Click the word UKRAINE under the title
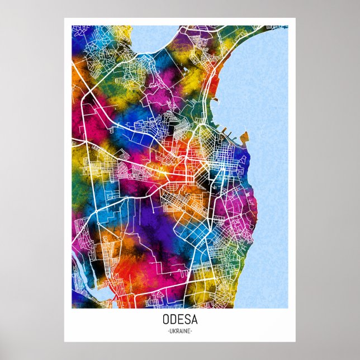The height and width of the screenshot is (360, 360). point(179,331)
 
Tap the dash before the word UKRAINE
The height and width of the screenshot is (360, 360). point(167,331)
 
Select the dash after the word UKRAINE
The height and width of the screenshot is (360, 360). point(192,331)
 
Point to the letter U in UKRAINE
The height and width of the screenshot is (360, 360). point(170,331)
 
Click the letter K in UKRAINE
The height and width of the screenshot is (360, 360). point(173,331)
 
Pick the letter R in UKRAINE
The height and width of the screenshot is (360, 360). point(177,331)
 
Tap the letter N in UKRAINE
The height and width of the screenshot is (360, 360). point(186,331)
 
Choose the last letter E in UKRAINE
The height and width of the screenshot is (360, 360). point(189,331)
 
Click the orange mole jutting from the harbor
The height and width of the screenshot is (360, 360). point(245,135)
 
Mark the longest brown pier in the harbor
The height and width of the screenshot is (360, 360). point(226,133)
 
